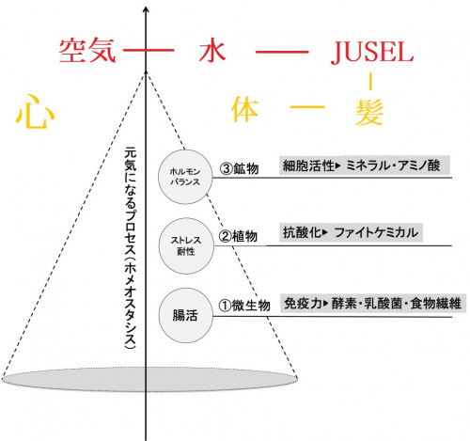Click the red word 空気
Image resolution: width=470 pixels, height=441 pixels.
tap(86, 49)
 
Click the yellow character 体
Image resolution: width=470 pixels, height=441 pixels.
tap(246, 112)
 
